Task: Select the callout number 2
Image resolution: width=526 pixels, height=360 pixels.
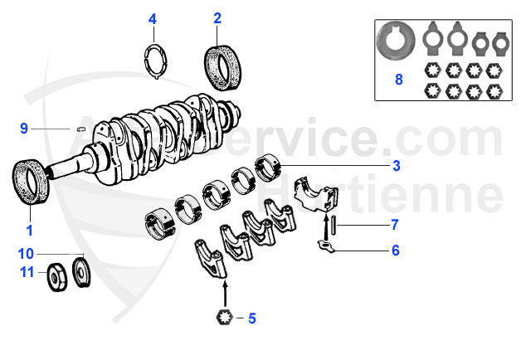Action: coord(217,17)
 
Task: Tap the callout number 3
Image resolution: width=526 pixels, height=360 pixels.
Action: coord(397,166)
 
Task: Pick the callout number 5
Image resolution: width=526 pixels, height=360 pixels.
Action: coord(253,317)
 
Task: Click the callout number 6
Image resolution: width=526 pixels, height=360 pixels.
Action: coord(396,250)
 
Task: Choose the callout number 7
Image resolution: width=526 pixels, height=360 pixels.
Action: coord(396,224)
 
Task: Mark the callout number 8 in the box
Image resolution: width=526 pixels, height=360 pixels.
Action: coord(399,81)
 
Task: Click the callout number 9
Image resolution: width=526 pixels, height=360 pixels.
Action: coord(25,129)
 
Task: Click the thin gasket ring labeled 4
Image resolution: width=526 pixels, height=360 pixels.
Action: coord(153,62)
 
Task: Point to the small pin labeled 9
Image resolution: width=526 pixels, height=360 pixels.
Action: coord(81,129)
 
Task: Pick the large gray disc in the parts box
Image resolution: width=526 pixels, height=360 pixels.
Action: coord(395,41)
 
